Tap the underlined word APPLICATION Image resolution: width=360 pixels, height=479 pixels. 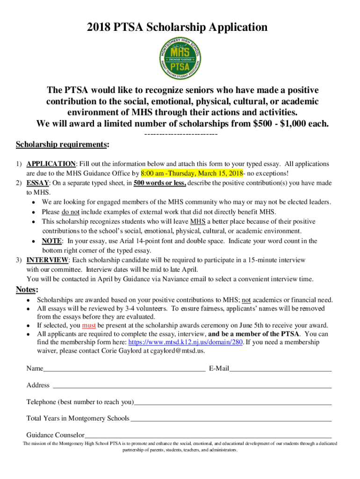pyautogui.click(x=51, y=164)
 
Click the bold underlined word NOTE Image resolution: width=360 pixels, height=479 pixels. pyautogui.click(x=51, y=241)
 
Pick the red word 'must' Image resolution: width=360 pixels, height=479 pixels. pyautogui.click(x=89, y=325)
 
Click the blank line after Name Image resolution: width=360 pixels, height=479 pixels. pyautogui.click(x=124, y=369)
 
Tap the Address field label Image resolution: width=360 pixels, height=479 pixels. pyautogui.click(x=38, y=385)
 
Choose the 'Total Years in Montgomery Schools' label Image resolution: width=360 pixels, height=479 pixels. pyautogui.click(x=78, y=418)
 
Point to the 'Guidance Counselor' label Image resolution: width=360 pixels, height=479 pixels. pyautogui.click(x=55, y=435)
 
